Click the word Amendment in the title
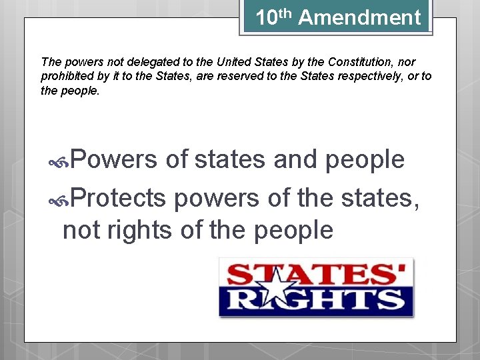(360, 17)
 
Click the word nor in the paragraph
(407, 61)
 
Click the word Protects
(118, 197)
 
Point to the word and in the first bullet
(296, 159)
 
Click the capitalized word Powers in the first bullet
(113, 159)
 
